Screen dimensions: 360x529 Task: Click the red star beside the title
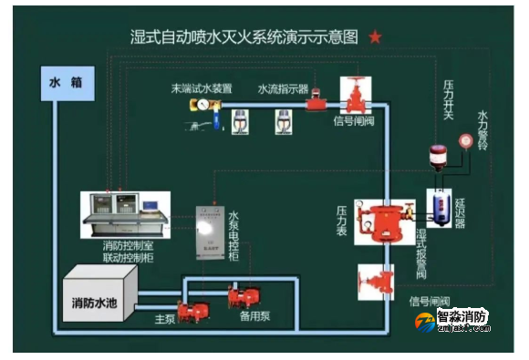(375, 37)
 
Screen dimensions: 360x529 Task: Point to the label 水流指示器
(283, 89)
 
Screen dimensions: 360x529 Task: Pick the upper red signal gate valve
(353, 94)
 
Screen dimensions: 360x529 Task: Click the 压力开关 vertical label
(448, 99)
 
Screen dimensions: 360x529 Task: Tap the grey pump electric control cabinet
(212, 231)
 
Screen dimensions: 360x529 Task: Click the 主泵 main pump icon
(192, 311)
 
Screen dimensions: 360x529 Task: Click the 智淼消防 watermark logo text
(462, 318)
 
